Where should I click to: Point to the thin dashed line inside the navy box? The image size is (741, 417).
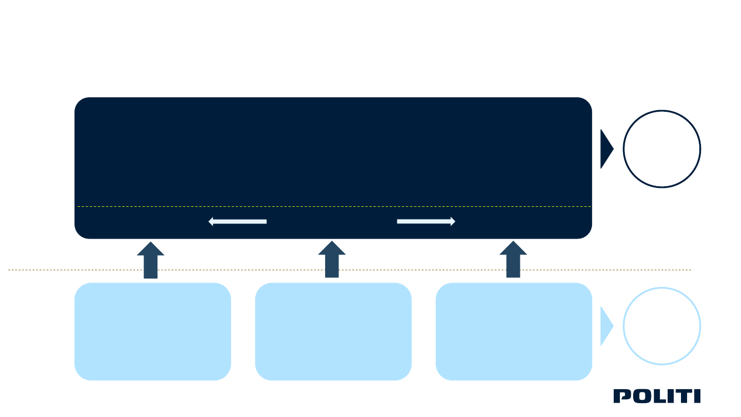coord(334,207)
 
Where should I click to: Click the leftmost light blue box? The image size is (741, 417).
coord(153,331)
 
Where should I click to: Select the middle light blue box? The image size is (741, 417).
coord(333,331)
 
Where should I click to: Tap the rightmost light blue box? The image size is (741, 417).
coord(514,331)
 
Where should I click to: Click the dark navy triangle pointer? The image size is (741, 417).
coord(606,149)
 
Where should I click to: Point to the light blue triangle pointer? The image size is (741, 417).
coord(606,326)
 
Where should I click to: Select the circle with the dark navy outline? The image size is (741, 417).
coord(662,149)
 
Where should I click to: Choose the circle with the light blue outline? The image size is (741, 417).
coord(662,326)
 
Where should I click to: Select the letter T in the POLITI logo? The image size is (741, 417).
coord(682,396)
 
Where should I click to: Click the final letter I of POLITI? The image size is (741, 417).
coord(697,396)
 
